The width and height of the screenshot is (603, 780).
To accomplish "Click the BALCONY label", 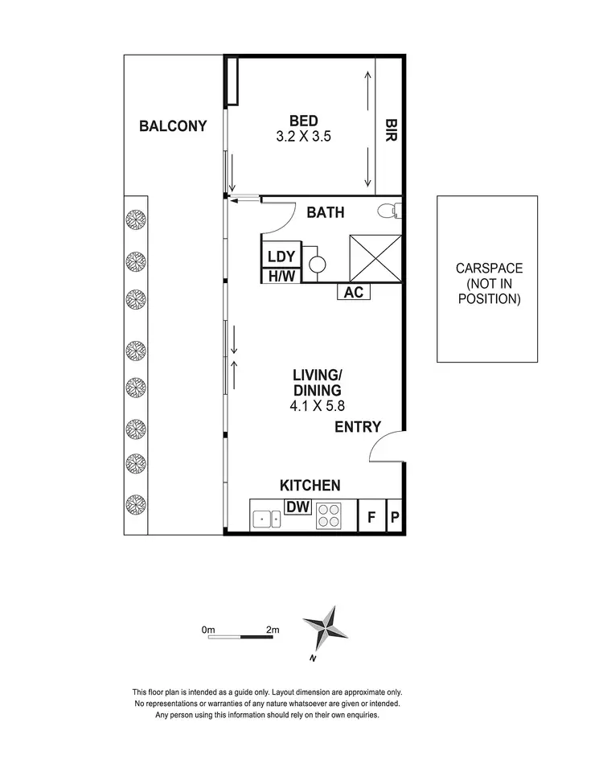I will point(173,126).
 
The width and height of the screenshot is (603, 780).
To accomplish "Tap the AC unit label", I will point(354,292).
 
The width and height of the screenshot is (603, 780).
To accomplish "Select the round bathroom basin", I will point(317,262).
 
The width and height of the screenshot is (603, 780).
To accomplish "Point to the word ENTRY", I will point(358,427).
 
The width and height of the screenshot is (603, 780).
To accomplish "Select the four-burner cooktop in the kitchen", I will point(329,515).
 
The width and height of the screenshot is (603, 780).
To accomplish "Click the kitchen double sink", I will point(266,519).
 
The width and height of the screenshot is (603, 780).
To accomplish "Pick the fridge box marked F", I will point(371,517).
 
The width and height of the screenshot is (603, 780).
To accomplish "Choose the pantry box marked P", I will point(394,517).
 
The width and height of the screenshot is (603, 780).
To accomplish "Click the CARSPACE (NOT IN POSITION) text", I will point(489,284).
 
